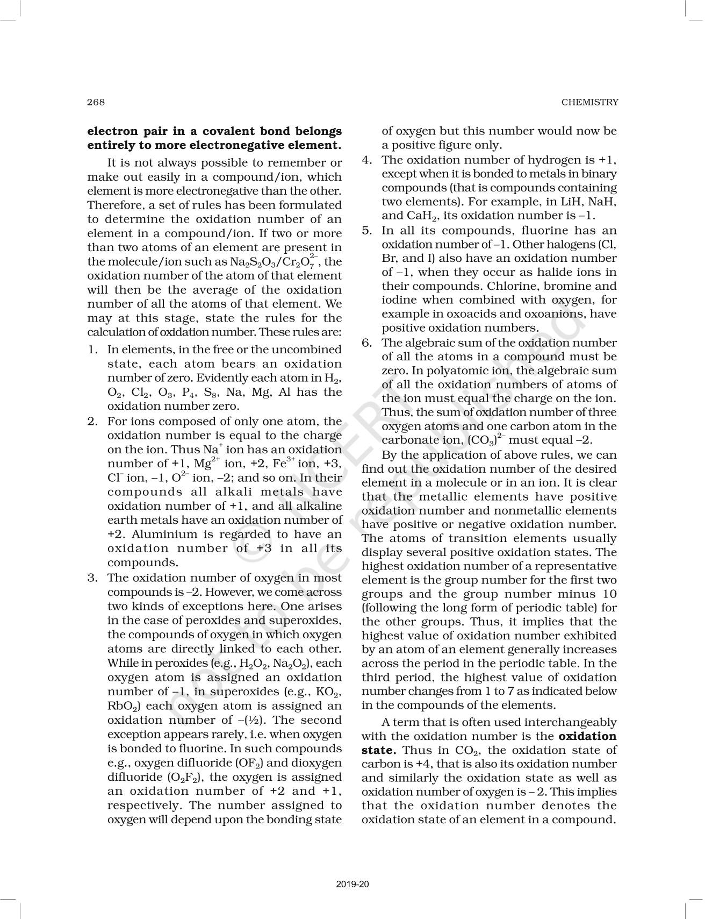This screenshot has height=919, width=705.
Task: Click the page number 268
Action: pos(96,102)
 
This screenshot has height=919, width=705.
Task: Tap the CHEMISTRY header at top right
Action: pos(589,102)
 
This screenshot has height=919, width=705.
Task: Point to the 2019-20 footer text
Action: pos(352,884)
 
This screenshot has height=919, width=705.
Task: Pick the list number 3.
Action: pos(92,578)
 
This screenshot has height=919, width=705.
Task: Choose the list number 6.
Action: pos(366,343)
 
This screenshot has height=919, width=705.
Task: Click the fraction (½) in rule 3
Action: pos(251,721)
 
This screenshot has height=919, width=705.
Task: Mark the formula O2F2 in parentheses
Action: pos(186,778)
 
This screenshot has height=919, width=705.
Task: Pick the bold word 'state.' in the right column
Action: pos(379,750)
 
